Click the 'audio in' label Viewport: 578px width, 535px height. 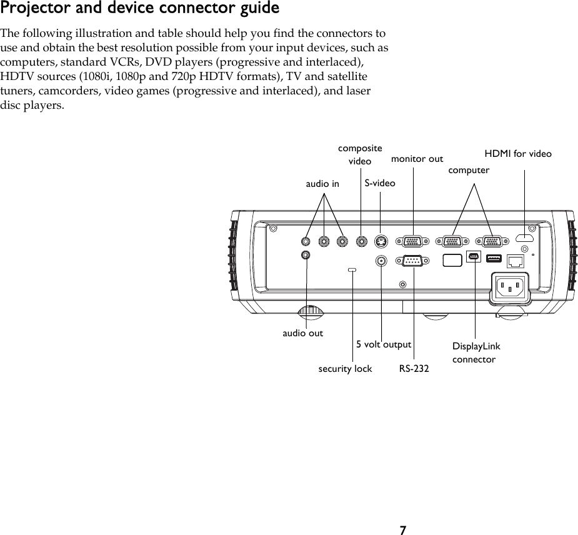pos(322,184)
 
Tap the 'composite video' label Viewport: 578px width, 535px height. pos(360,155)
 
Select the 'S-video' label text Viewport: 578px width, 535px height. pos(380,183)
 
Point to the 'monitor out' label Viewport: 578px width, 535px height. pos(417,159)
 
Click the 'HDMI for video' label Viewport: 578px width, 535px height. pos(518,153)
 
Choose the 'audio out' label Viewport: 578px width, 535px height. pos(303,333)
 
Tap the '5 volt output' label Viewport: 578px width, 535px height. pos(384,344)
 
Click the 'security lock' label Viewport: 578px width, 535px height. pos(345,369)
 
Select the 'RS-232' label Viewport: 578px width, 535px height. pos(414,369)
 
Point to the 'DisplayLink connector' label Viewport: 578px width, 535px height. pos(476,353)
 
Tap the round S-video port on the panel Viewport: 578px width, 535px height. pos(381,241)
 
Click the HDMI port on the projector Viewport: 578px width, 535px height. pos(525,238)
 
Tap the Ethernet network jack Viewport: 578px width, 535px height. pos(514,259)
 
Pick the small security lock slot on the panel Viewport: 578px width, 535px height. pos(352,270)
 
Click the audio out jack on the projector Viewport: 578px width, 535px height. pos(306,255)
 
